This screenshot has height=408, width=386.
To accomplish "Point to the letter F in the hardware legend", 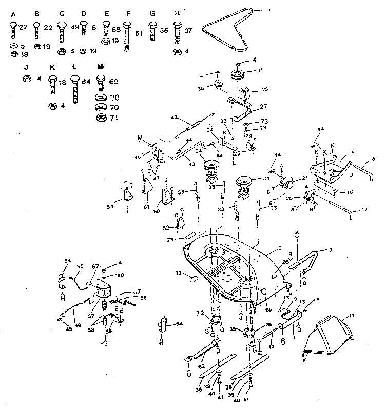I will (x=127, y=13).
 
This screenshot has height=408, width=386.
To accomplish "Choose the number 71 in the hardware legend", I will (x=114, y=118).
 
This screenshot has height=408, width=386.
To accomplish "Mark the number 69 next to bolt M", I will (x=113, y=82).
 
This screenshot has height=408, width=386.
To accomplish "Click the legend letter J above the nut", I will (x=25, y=66).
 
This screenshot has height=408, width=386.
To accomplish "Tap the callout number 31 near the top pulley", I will (x=260, y=71).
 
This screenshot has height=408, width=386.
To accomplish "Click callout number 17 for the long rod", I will (x=364, y=210).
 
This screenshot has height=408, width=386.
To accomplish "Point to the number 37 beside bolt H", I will (x=189, y=30).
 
